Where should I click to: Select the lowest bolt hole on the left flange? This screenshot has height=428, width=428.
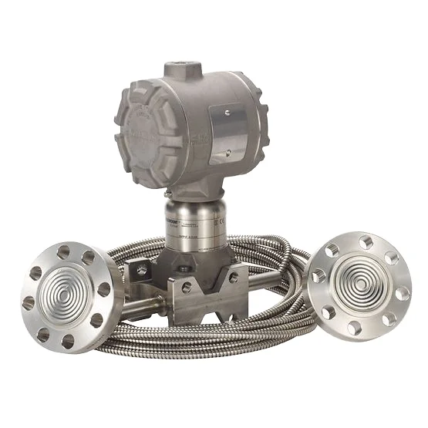click(x=68, y=337)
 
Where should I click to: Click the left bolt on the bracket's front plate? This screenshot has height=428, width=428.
click(x=185, y=287)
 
